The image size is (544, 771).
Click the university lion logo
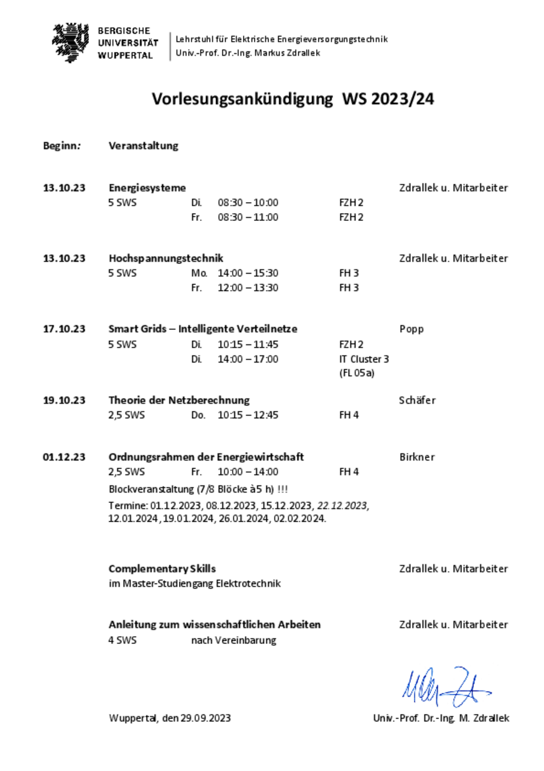tap(71, 42)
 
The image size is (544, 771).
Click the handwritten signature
tap(445, 687)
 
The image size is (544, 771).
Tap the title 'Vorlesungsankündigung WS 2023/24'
tap(293, 99)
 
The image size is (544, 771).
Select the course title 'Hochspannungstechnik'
tap(166, 258)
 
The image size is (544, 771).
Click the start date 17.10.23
tap(64, 329)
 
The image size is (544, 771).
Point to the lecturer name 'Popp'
tap(412, 329)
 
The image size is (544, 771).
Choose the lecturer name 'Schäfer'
tap(417, 400)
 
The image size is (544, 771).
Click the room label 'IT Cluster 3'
tap(364, 359)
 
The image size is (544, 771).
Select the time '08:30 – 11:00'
tap(248, 217)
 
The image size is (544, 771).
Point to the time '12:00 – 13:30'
tap(248, 288)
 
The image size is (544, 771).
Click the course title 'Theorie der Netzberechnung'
tap(179, 400)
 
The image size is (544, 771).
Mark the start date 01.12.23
tap(64, 457)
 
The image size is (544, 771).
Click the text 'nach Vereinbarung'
tap(233, 640)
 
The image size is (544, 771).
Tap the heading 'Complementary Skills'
tap(162, 569)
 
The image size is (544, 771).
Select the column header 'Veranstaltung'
tap(143, 146)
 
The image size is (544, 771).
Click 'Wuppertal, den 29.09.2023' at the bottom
tap(170, 718)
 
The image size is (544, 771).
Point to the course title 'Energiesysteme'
tap(147, 188)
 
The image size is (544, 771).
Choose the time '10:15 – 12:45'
tap(248, 415)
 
